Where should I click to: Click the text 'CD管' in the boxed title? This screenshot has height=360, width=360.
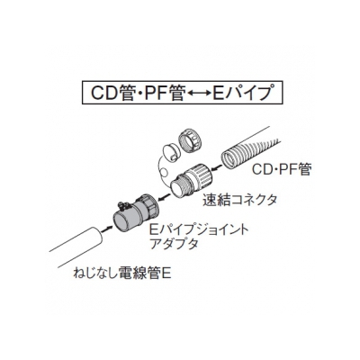click(x=112, y=93)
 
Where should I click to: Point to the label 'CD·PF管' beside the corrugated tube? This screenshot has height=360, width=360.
click(x=281, y=170)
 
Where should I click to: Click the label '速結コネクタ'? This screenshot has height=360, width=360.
click(x=239, y=200)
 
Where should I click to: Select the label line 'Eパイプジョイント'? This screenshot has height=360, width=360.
click(x=199, y=229)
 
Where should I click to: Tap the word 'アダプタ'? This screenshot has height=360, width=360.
click(x=174, y=244)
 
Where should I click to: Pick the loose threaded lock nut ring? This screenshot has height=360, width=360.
click(x=190, y=139)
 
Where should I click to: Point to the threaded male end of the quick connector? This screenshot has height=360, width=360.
click(x=180, y=187)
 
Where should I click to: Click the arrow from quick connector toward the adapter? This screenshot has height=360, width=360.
click(x=165, y=198)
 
